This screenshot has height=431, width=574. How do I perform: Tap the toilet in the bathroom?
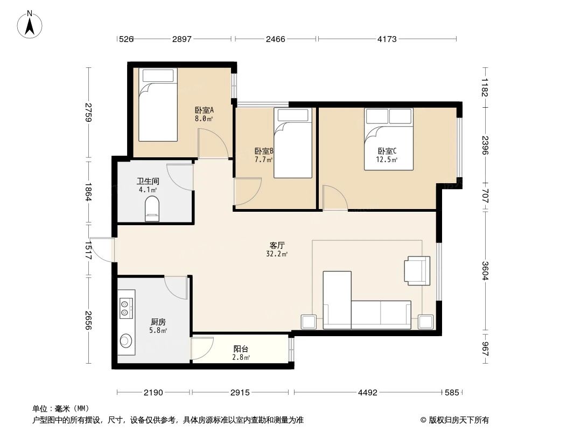(152, 208)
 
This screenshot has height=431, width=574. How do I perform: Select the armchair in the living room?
(417, 270)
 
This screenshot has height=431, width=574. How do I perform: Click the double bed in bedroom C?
(388, 138)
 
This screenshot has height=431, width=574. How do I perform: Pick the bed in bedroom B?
(293, 143)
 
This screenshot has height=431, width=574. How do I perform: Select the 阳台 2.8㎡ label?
(241, 353)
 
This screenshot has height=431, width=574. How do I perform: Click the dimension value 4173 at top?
(387, 39)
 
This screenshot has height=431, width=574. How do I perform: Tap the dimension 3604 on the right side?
(486, 270)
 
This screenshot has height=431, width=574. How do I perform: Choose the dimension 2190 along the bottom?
(153, 393)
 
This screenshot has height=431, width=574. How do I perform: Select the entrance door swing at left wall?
(102, 249)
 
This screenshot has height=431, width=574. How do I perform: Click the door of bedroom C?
(334, 197)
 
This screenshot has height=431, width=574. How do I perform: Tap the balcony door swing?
(202, 349)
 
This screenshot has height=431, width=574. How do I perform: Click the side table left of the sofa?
(309, 322)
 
